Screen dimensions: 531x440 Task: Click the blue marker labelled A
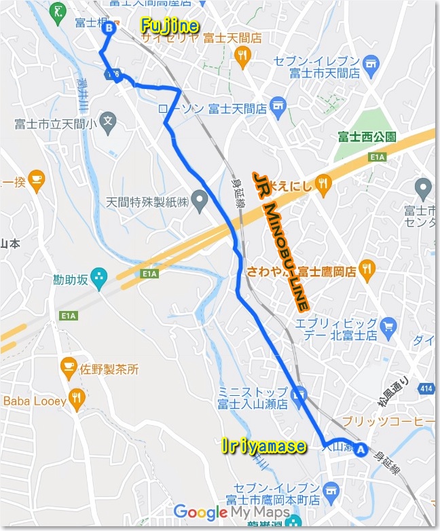(361, 449)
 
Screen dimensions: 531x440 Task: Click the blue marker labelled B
(109, 28)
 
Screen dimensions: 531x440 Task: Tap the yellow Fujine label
(170, 26)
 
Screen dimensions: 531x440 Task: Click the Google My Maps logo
(231, 512)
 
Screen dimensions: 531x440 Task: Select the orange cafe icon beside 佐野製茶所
(68, 368)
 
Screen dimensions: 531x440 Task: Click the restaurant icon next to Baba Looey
(77, 399)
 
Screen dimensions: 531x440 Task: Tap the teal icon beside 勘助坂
(98, 277)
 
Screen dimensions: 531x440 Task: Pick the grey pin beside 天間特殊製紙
(199, 200)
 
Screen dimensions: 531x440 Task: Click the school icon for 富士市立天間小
(108, 122)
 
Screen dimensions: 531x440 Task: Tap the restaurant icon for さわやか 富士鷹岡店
(367, 270)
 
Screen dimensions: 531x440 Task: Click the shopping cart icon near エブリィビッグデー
(388, 327)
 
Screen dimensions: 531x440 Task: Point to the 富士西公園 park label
(367, 136)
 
